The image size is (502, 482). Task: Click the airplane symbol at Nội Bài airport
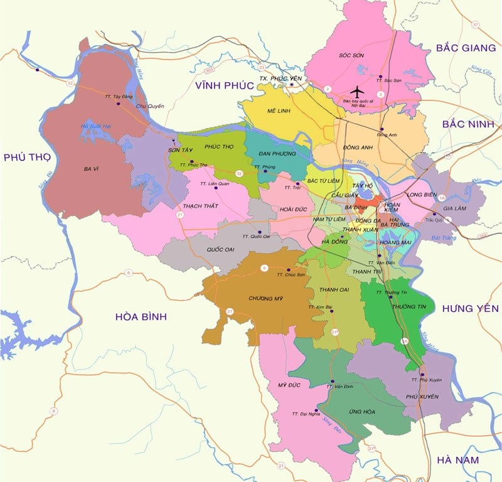click(x=356, y=90)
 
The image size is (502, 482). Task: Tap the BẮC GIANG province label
click(x=464, y=47)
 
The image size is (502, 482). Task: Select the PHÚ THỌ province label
click(x=26, y=157)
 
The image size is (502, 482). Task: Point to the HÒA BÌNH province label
click(x=141, y=317)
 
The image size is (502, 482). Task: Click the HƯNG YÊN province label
click(x=470, y=308)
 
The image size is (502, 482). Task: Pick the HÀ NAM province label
click(x=457, y=460)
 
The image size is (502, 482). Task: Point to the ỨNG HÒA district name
click(x=361, y=412)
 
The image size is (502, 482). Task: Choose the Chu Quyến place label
click(x=150, y=106)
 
